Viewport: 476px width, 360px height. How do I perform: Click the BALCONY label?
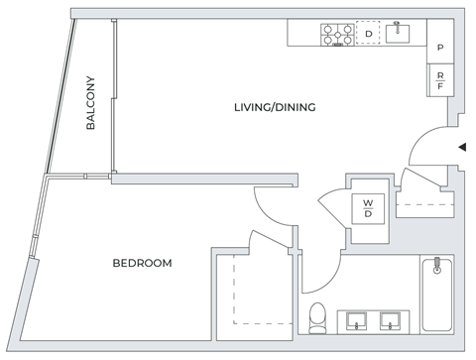point(90,103)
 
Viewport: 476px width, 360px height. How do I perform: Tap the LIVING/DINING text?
point(275,107)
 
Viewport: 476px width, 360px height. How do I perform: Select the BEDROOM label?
point(142,263)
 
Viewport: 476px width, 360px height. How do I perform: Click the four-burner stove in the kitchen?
point(337,35)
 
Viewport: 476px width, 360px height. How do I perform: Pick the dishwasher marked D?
point(368,35)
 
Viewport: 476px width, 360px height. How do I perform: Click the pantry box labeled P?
point(439,48)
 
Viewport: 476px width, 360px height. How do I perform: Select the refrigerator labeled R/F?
point(439,78)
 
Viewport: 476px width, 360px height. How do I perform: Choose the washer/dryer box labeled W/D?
point(367,208)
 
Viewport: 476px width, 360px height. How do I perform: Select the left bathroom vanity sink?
point(356,319)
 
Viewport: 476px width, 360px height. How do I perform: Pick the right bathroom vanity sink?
point(393,319)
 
